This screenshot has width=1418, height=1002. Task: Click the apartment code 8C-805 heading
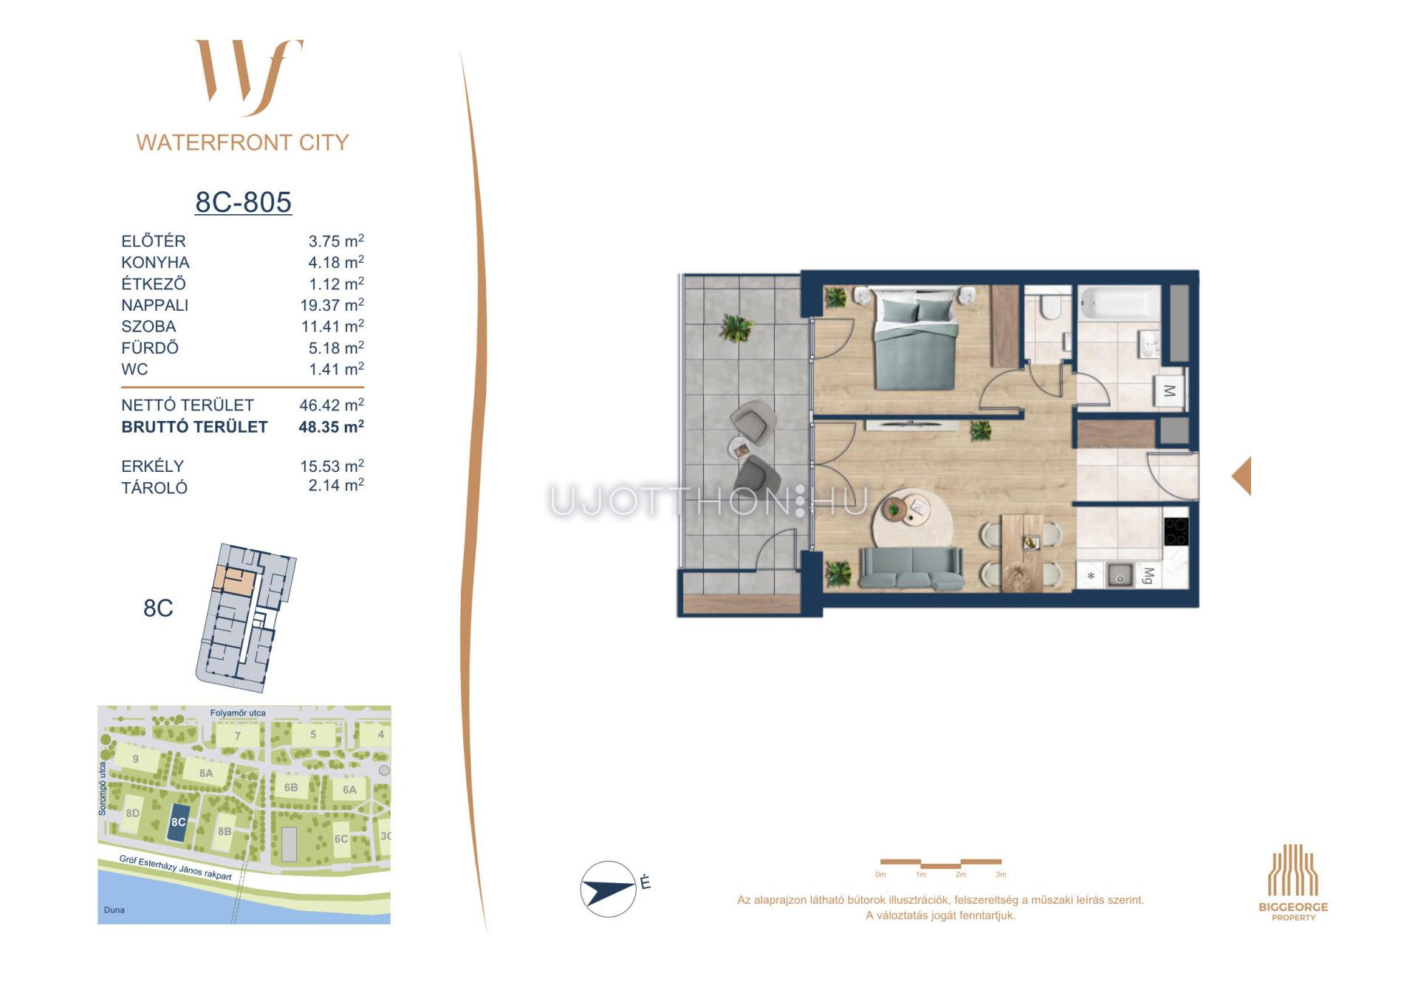(x=243, y=202)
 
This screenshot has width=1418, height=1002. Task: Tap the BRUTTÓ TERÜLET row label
(x=194, y=427)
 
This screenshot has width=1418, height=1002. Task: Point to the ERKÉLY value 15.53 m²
(x=332, y=466)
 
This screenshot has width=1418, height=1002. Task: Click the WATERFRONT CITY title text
(x=242, y=142)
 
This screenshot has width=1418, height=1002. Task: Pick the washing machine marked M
(x=1169, y=391)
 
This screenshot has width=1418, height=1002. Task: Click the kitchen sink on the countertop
(x=1120, y=575)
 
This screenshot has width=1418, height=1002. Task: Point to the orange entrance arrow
(x=1241, y=476)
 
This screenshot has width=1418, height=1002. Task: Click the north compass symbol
(x=609, y=889)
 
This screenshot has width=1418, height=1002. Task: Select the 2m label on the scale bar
(x=960, y=874)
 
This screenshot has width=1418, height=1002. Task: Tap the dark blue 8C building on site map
(x=177, y=822)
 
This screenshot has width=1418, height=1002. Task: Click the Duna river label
(x=114, y=910)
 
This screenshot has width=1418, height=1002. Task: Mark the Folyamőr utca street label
(x=238, y=713)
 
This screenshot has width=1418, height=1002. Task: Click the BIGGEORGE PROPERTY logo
(x=1293, y=882)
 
